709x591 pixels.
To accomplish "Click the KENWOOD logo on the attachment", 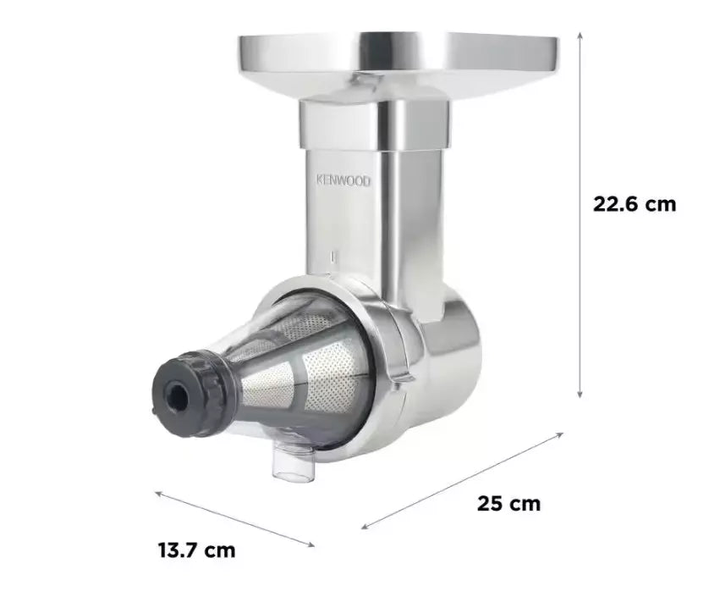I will tap(343, 180).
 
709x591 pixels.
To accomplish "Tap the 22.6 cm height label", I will tap(635, 204).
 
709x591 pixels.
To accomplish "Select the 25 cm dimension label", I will tap(508, 504).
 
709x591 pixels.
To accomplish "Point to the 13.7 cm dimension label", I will tap(196, 550).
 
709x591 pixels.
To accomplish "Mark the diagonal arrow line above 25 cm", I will tap(462, 480).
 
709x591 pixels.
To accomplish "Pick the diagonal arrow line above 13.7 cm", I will tap(235, 517).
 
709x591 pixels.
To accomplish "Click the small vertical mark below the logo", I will tap(335, 254).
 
